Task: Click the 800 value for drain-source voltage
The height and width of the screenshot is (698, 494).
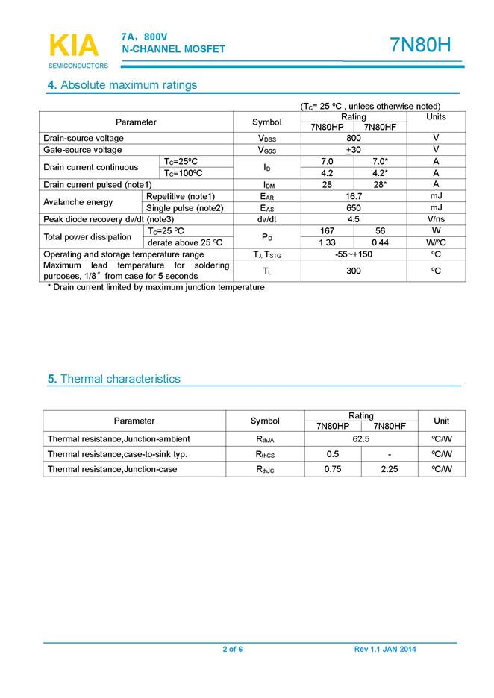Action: (354, 139)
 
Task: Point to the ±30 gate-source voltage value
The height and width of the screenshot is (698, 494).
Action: (353, 150)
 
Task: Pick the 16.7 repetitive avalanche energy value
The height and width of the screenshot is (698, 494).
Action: (354, 196)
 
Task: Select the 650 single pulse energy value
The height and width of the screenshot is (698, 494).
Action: (354, 208)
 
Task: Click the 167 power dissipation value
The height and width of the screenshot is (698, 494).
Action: (326, 231)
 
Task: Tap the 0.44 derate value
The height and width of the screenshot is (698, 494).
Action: (380, 243)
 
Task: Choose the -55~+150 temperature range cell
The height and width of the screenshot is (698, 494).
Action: (354, 255)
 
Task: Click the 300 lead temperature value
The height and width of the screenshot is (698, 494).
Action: (354, 271)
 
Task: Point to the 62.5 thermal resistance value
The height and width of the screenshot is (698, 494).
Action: (361, 439)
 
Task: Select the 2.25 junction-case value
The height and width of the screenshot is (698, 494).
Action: (390, 470)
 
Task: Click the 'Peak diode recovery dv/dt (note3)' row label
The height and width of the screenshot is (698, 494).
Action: (108, 220)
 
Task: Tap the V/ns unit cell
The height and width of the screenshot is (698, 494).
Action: (436, 220)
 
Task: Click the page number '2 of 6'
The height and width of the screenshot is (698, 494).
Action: (233, 649)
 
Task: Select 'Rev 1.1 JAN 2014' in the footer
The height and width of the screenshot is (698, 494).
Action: (385, 649)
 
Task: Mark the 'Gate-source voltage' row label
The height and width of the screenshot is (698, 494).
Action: (83, 150)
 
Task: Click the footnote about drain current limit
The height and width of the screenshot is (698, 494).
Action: (156, 287)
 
